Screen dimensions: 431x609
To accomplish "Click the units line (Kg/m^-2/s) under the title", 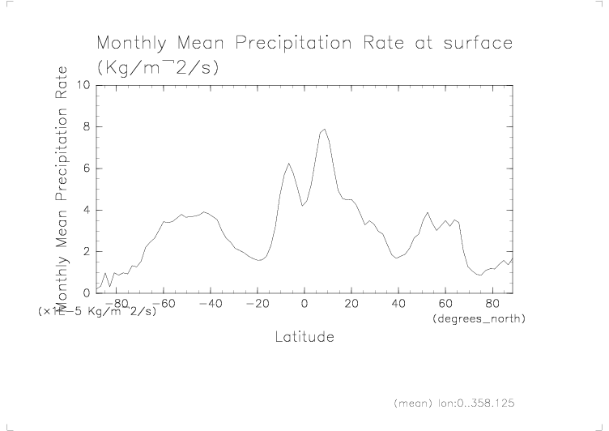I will pos(157,68).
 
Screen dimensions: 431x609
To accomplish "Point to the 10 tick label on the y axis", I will pos(82,85).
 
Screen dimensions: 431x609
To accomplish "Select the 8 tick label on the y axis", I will pos(86,127).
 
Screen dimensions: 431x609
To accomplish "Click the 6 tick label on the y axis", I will pos(86,169).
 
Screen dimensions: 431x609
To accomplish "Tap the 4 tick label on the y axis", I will pos(86,211).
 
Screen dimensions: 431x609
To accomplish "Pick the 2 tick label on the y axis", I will pos(86,252).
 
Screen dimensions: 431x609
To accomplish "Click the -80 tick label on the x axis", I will pos(115,304).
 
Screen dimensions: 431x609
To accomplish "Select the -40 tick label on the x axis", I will pos(209,304).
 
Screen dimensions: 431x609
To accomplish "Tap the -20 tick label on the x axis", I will pos(256,304).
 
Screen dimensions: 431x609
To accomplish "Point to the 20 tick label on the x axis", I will pos(351,304).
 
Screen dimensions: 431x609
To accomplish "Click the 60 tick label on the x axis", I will pos(445,304).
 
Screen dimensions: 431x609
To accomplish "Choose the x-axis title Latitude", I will pos(304,336).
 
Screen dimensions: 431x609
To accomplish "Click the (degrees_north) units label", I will pos(479,319).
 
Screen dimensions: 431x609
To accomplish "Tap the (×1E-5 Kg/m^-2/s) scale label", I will pos(96,310).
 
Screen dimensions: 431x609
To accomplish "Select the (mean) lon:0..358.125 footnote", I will pos(454,402).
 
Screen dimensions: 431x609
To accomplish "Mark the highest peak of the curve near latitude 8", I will pos(325,129).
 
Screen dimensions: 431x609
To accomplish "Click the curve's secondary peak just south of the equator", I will pos(288,164).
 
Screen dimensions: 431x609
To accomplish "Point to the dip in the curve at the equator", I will pos(303,206).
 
